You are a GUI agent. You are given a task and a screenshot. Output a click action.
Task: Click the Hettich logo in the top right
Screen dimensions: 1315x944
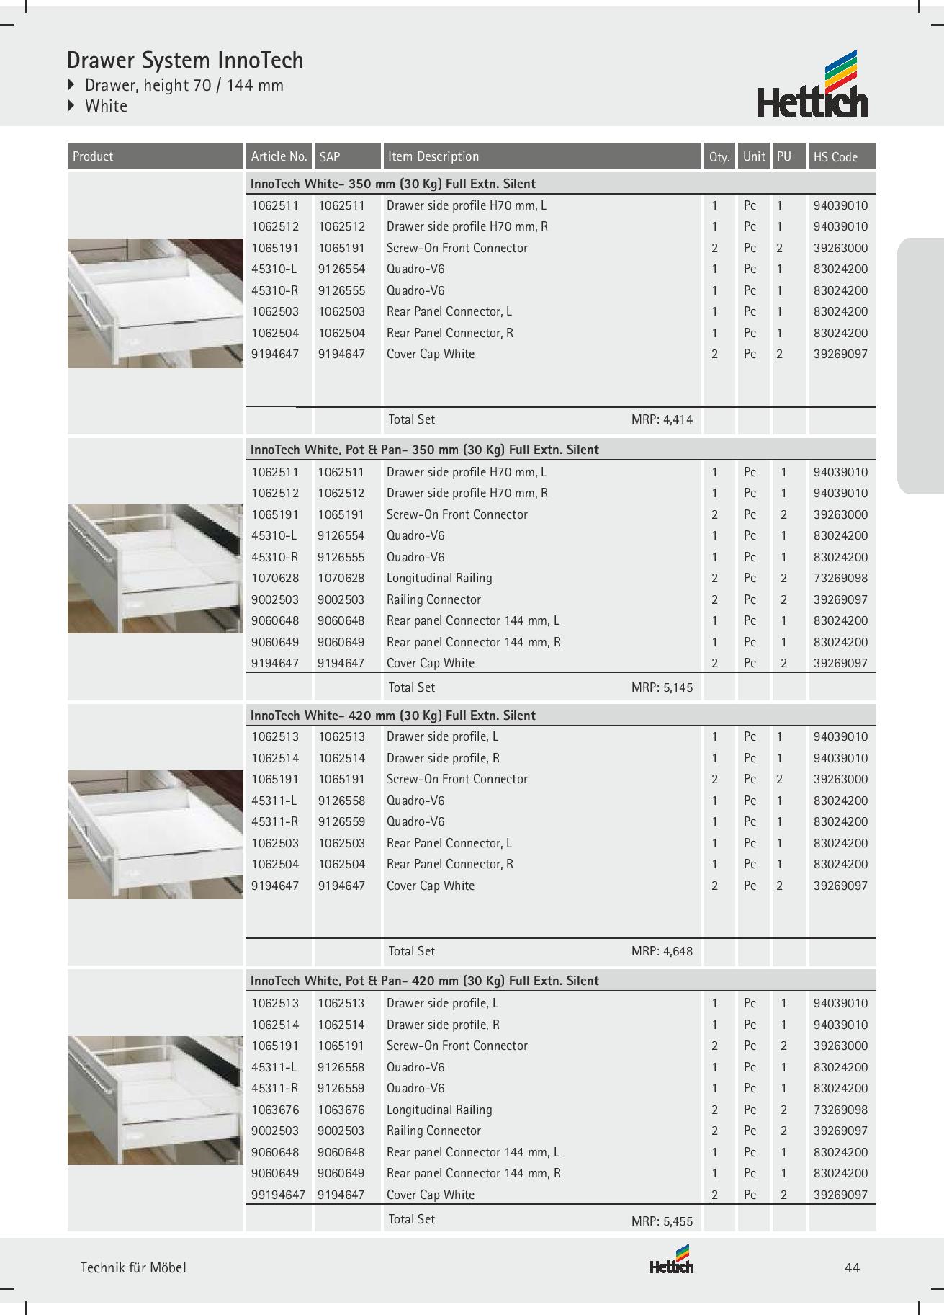812,84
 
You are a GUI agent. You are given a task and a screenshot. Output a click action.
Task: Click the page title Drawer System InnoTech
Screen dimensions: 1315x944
185,60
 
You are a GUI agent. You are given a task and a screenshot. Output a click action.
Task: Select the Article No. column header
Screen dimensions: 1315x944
279,156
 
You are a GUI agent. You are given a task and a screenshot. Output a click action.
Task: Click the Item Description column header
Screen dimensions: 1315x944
433,156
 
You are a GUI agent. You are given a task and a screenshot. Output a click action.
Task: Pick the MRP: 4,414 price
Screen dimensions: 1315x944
662,419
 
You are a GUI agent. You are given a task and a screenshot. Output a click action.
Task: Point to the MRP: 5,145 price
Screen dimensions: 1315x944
662,687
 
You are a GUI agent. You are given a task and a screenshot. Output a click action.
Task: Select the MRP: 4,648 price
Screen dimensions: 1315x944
662,951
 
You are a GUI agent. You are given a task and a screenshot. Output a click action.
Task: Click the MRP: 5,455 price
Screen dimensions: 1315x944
662,1221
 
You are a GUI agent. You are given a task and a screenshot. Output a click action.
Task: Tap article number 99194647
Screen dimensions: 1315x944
278,1195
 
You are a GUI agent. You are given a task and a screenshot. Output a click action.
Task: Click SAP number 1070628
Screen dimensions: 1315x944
341,578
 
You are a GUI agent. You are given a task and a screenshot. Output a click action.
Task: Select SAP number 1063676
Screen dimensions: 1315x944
341,1110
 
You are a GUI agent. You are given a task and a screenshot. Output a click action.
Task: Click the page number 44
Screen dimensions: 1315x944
852,1268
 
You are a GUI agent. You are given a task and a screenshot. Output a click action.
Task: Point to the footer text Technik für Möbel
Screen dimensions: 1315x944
133,1268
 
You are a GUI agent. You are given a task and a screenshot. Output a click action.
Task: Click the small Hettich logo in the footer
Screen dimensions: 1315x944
671,1260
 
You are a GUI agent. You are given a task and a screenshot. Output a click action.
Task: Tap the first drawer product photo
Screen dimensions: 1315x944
156,303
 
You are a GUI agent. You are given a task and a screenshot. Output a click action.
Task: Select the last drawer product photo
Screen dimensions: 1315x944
156,1100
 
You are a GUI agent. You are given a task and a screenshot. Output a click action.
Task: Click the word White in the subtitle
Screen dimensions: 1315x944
106,106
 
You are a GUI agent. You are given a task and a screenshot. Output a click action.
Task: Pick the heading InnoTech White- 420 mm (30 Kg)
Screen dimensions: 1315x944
392,716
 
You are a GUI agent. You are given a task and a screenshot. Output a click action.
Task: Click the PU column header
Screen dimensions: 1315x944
784,156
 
